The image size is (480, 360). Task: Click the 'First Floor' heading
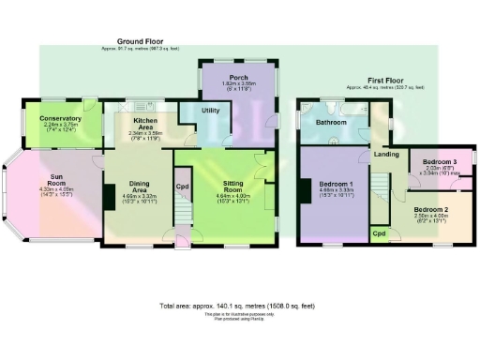(384, 81)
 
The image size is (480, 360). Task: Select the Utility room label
(212, 110)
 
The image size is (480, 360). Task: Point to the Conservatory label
(61, 119)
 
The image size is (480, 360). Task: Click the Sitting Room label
(232, 184)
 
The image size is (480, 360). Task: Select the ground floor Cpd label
(183, 185)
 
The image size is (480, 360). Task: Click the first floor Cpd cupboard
(379, 231)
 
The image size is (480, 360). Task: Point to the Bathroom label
(330, 122)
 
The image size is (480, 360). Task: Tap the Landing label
(385, 154)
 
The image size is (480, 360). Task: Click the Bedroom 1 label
(335, 184)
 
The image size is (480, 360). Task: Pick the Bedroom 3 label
(440, 161)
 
